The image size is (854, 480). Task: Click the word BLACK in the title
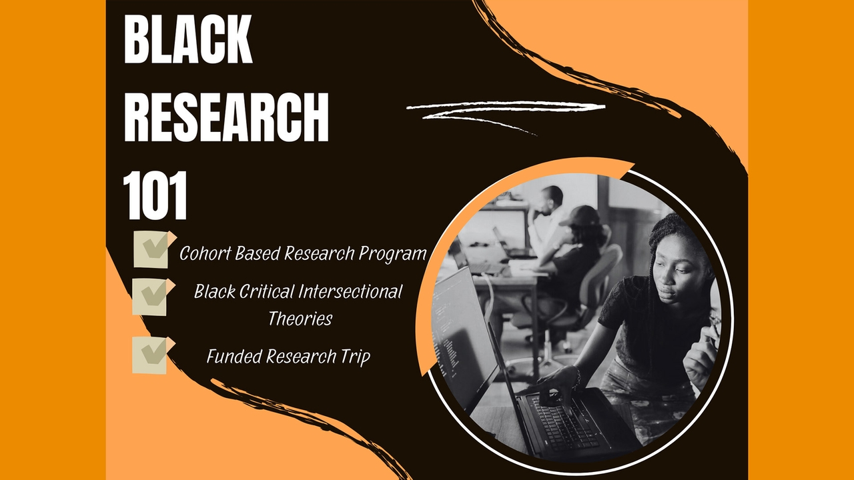(x=188, y=41)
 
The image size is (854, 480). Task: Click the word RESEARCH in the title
(x=226, y=119)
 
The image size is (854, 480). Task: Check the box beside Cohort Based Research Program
(x=151, y=249)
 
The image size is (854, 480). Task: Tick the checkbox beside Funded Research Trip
(x=150, y=354)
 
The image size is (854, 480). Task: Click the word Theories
(x=300, y=319)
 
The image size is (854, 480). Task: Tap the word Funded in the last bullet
(x=234, y=357)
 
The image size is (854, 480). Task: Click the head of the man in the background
(x=551, y=197)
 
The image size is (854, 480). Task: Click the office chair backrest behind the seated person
(x=604, y=273)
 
